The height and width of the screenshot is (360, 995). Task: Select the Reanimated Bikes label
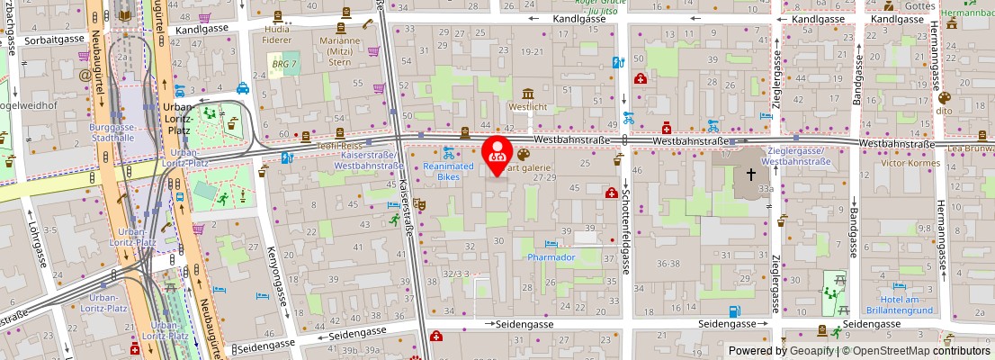coord(448,171)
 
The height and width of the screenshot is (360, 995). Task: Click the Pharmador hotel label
coord(551,256)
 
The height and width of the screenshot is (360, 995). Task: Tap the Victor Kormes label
coord(910,163)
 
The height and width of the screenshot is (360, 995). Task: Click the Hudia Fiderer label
coord(277,34)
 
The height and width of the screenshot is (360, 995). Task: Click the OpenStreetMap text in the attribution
coord(892,351)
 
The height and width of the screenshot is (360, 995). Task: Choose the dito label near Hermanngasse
coord(945,111)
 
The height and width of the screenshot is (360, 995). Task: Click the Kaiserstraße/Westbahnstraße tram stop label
coord(371,160)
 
